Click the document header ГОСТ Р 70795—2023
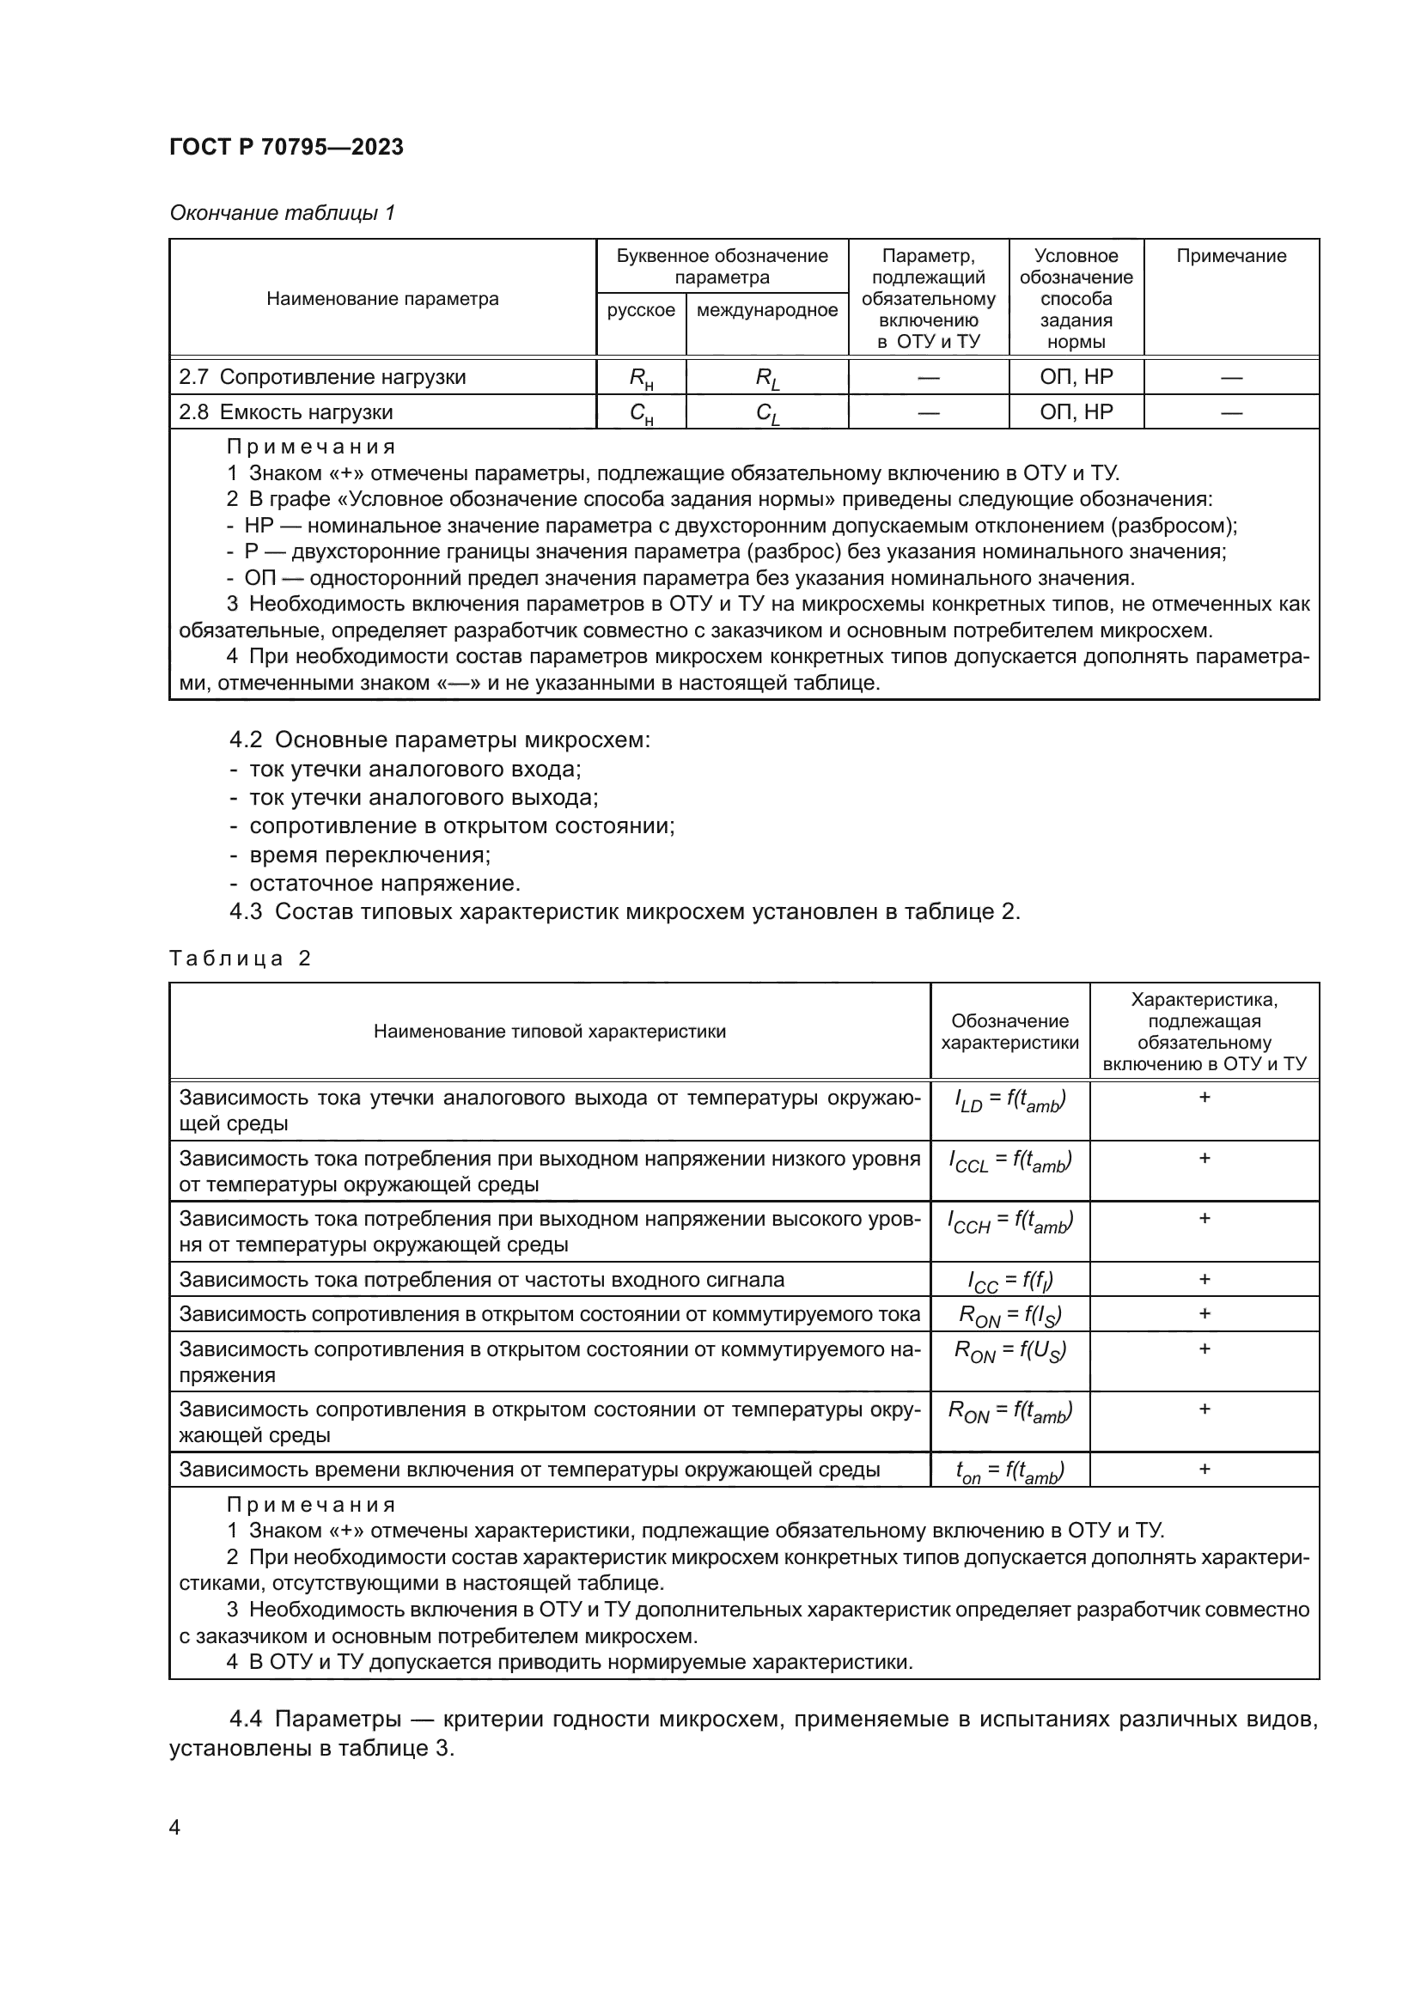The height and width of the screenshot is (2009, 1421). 286,147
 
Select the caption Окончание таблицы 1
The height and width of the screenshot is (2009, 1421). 282,213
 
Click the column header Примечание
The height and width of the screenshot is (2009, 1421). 1230,256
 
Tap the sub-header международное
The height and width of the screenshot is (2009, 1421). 766,310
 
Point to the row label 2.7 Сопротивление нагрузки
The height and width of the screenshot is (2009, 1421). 322,377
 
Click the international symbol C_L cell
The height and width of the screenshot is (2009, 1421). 766,413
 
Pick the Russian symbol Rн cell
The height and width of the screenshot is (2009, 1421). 641,378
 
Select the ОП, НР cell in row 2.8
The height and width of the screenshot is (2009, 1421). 1076,412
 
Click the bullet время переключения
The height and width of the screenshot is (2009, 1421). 369,855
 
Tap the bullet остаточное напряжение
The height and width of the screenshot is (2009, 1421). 384,883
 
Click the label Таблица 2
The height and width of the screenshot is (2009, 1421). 240,959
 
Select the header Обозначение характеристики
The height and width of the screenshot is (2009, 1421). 1009,1032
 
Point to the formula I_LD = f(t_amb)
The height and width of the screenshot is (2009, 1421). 1009,1100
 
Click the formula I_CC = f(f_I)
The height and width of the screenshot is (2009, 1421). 1009,1281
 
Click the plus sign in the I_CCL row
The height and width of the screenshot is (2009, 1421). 1204,1159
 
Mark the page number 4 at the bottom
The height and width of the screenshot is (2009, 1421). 175,1827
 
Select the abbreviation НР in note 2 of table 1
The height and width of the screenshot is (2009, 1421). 259,526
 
